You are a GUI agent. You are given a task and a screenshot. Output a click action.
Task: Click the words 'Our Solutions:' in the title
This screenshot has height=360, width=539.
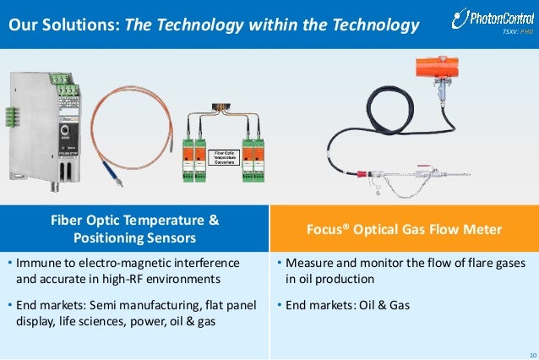tap(64, 26)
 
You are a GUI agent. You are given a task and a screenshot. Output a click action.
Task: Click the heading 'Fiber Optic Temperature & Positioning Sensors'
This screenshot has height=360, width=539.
tap(135, 228)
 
